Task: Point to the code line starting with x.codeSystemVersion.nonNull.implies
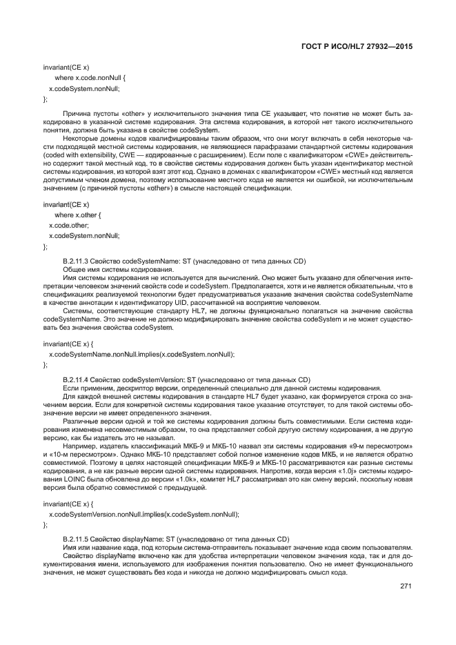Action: [143, 514]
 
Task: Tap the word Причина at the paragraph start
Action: [78, 111]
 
